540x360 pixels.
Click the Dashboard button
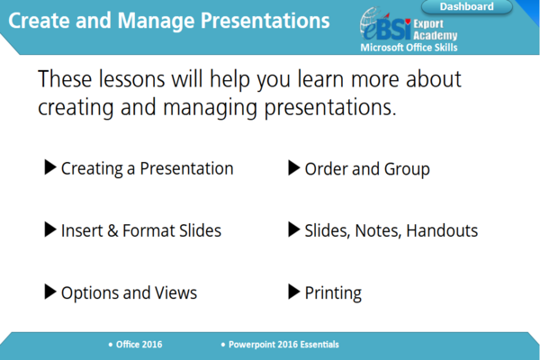coord(466,7)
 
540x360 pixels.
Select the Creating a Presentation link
coord(147,169)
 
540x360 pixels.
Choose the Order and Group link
coord(367,169)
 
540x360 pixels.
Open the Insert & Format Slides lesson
coord(140,230)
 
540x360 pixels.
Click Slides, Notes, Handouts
coord(391,230)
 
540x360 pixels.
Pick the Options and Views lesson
coord(129,292)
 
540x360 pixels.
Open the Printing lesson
coord(333,292)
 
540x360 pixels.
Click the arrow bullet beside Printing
coord(293,292)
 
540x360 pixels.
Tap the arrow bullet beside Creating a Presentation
coord(49,168)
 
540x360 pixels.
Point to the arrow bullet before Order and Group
coord(293,168)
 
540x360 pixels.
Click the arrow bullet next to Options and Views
coord(49,292)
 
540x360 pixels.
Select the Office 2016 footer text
coord(139,345)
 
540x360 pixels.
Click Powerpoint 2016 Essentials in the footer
coord(283,345)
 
